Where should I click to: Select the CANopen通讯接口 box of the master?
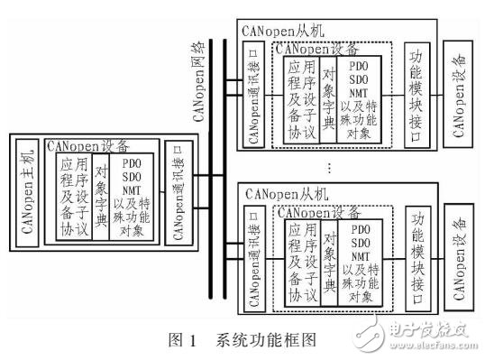[x=175, y=190]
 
